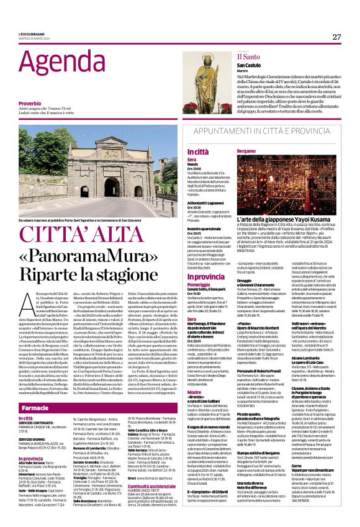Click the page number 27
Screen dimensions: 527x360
(x=336, y=37)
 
